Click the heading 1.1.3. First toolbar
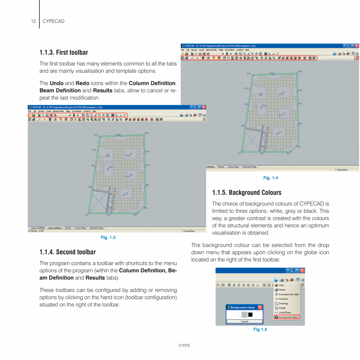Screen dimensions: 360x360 (64, 52)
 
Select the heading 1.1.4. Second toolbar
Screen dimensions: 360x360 (67, 252)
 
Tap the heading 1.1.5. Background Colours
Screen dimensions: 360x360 (247, 193)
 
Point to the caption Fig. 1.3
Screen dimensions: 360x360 (108, 238)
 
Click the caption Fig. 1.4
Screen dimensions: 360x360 (270, 178)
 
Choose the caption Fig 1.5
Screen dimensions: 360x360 (260, 329)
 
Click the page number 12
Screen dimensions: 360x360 (34, 22)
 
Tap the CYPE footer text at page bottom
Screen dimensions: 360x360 (184, 346)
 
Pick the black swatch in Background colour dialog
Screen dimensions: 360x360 (250, 315)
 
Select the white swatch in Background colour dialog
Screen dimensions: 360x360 (239, 315)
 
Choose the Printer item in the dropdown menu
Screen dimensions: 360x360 (282, 290)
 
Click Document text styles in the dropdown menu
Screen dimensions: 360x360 (289, 294)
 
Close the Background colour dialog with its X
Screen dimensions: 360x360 (260, 308)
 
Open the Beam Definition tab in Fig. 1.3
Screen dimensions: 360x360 (55, 227)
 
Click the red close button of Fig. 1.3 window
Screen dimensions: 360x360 (203, 107)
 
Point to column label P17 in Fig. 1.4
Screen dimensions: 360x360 (249, 74)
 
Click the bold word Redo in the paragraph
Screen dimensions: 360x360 (82, 83)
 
